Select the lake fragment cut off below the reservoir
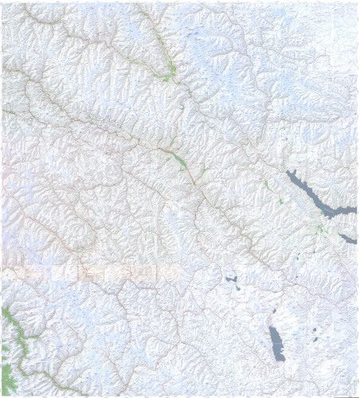(347, 238)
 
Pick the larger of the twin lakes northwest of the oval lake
(232, 279)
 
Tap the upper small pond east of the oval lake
(316, 329)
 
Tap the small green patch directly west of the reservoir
(266, 185)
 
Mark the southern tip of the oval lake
(280, 360)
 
